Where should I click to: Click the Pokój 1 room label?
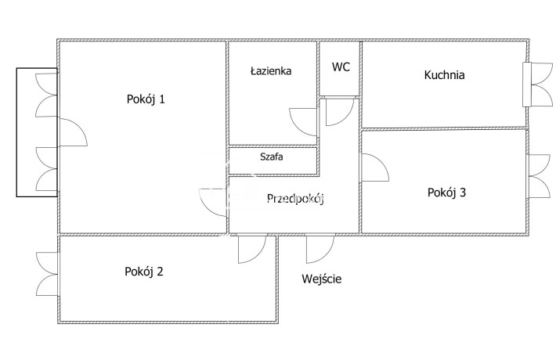(146, 99)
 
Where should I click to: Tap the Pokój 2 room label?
(144, 272)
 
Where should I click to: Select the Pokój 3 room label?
(446, 193)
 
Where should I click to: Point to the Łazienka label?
(271, 71)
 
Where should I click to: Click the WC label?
(341, 67)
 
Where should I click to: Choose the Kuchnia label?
(444, 75)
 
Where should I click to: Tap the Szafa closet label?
(271, 157)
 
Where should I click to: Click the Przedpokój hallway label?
(295, 199)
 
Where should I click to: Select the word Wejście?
(322, 279)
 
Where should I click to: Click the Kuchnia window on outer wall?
(537, 85)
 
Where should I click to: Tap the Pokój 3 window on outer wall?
(540, 176)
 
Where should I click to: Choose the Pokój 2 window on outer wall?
(47, 274)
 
